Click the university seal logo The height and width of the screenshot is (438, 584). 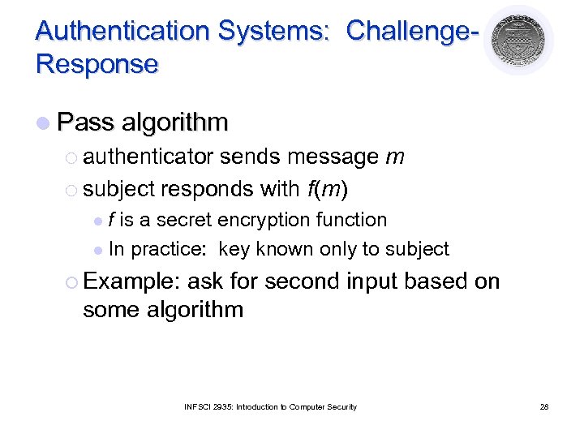[518, 40]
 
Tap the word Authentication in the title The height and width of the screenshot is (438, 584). [122, 31]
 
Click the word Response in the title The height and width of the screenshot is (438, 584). [97, 64]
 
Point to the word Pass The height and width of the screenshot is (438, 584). [86, 122]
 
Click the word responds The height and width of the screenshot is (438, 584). [207, 188]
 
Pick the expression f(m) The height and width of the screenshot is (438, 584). [328, 188]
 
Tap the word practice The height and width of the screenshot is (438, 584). [170, 249]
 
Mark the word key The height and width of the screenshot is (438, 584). [236, 249]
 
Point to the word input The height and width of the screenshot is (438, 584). [373, 281]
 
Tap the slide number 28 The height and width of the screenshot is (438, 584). [544, 406]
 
